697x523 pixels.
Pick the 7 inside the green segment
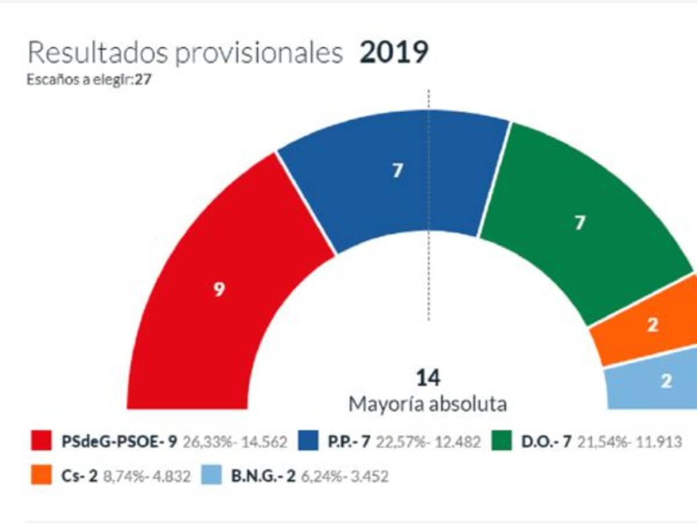tap(579, 224)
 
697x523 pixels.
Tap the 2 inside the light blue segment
tap(667, 381)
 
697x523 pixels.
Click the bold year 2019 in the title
tap(394, 53)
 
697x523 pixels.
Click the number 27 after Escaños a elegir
tap(143, 80)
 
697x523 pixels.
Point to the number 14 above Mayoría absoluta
tap(428, 378)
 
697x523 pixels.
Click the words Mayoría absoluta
tap(427, 404)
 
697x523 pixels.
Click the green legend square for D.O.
tap(502, 442)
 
